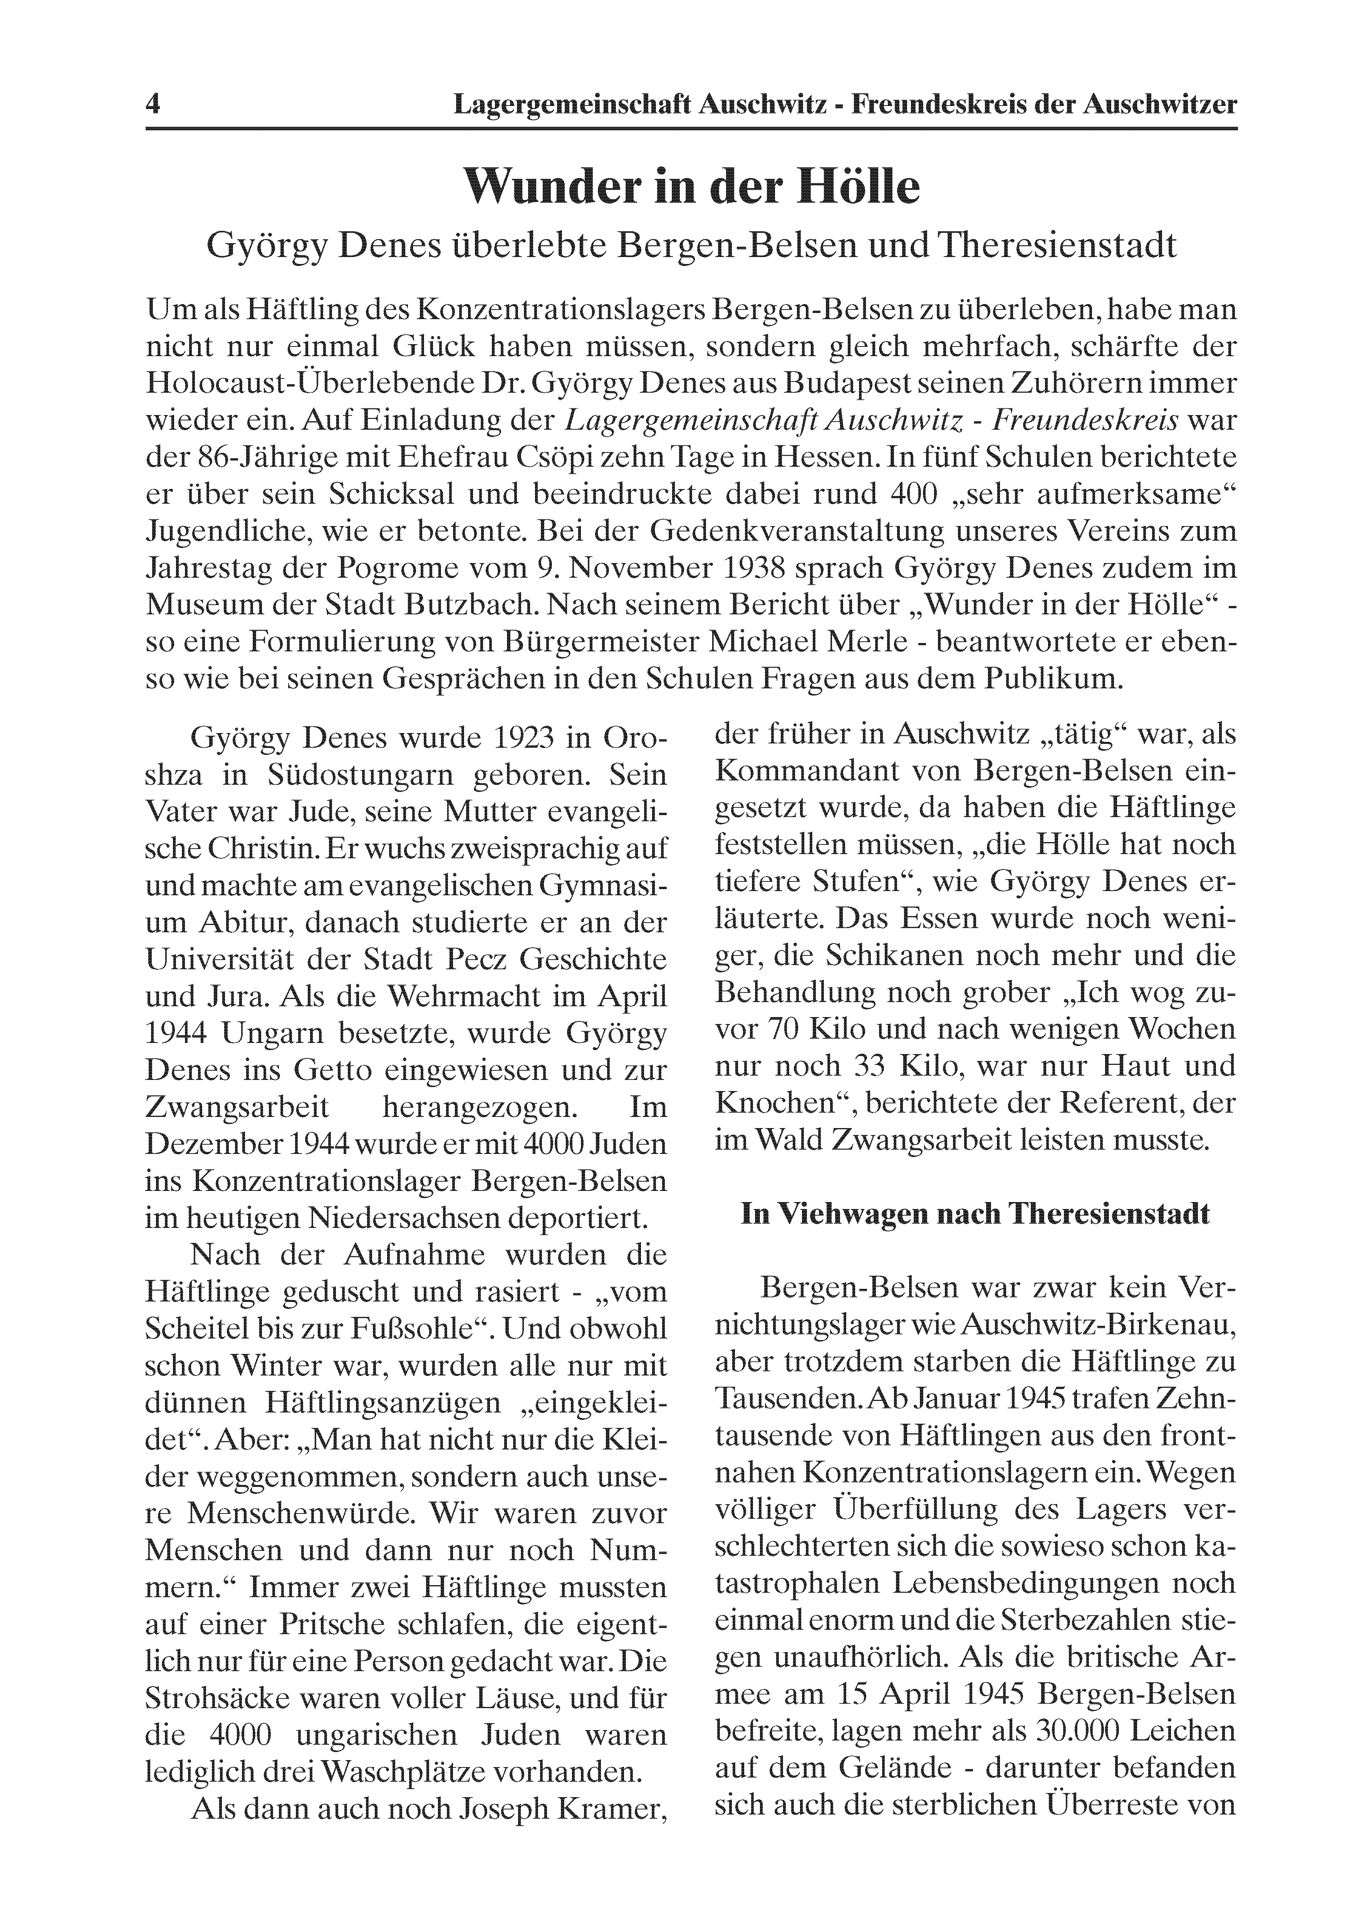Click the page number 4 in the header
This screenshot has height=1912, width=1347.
153,105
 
